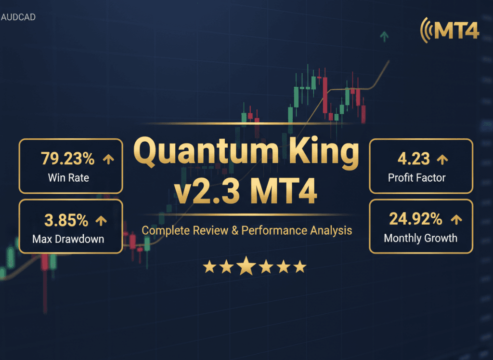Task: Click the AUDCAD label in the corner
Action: [x=18, y=17]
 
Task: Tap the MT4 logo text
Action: [x=456, y=30]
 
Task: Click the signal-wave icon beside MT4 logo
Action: [x=426, y=30]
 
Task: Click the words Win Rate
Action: [x=68, y=177]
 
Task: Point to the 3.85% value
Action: [x=66, y=220]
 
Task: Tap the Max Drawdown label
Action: [x=68, y=239]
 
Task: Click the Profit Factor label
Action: [x=417, y=177]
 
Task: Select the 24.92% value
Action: [x=415, y=219]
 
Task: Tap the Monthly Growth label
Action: [x=420, y=238]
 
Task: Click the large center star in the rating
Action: [x=246, y=266]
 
